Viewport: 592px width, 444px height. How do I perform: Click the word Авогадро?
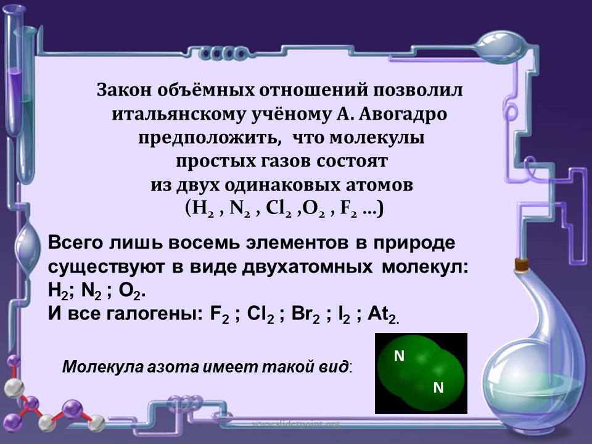403,114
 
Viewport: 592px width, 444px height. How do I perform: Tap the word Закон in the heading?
123,90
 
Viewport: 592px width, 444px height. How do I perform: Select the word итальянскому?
179,114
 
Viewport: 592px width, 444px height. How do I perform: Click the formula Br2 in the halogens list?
306,314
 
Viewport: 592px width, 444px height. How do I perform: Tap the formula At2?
382,314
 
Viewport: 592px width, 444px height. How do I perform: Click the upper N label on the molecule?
399,356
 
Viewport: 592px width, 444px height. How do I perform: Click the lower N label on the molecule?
438,388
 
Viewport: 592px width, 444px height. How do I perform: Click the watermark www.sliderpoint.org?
295,424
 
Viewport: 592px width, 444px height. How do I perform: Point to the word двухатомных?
307,267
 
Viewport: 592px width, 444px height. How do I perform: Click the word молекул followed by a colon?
425,267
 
